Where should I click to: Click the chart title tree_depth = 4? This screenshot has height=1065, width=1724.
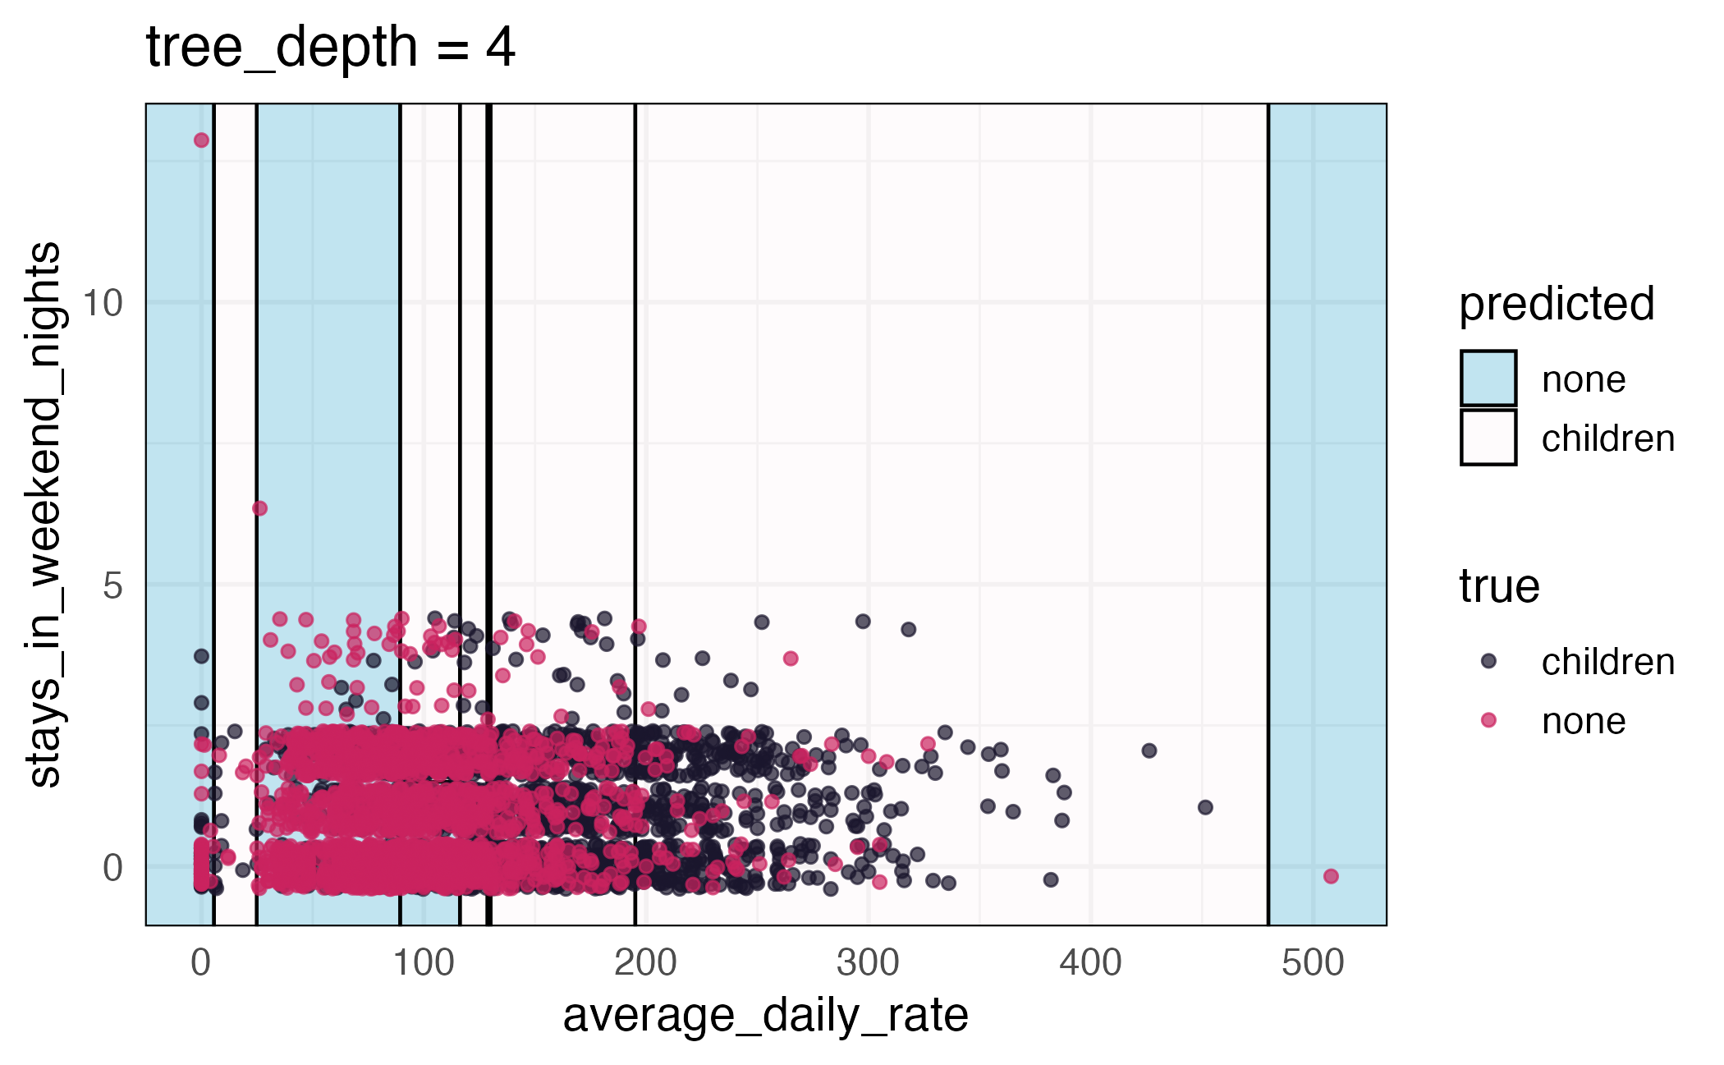330,48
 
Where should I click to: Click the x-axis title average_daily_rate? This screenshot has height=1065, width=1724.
765,1015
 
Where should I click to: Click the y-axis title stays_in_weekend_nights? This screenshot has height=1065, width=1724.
44,515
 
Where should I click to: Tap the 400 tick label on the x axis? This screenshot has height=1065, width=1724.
1090,962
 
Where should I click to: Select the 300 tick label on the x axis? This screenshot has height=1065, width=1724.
868,962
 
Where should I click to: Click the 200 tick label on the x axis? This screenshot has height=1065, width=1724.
645,962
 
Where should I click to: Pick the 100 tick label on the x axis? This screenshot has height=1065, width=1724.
423,962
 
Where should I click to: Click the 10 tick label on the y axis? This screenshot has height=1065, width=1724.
103,303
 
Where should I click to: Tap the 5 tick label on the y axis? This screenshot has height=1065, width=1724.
112,585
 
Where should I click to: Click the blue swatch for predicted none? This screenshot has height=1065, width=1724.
1488,379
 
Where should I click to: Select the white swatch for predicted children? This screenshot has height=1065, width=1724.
1488,438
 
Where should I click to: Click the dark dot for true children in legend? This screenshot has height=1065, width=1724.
1488,661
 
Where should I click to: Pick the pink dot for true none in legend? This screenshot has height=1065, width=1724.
1488,720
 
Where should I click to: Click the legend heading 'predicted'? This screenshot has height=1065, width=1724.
1556,304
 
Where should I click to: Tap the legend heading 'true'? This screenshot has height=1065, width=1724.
1498,586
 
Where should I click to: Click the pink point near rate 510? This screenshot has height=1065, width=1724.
1331,876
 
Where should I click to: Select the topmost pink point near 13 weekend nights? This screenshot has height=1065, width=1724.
201,140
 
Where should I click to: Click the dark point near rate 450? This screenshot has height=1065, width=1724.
1205,807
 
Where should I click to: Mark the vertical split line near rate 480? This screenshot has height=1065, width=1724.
1268,493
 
